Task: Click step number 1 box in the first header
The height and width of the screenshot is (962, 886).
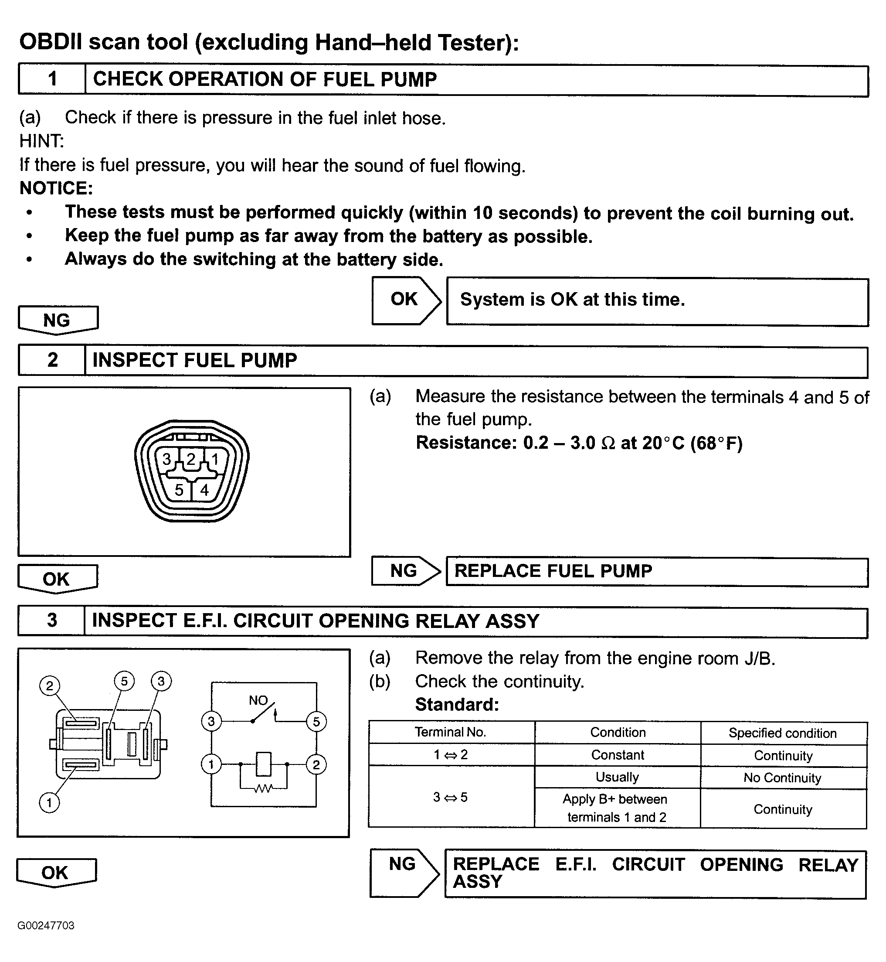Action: click(52, 79)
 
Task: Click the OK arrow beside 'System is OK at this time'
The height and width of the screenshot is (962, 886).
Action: click(405, 300)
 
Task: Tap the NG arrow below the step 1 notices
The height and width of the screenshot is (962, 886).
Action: click(58, 320)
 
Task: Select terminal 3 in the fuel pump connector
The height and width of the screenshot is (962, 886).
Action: click(166, 459)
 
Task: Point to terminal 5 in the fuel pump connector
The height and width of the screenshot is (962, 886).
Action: click(179, 490)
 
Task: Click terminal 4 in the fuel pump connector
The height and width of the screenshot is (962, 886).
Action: click(205, 490)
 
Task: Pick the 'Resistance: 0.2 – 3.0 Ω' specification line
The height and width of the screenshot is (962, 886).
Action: click(579, 442)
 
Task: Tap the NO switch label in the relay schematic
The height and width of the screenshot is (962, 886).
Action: click(258, 700)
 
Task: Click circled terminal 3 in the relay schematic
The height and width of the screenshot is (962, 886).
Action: click(211, 721)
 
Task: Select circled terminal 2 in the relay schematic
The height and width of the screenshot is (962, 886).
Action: click(316, 764)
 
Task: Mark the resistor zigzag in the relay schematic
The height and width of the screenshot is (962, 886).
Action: click(263, 788)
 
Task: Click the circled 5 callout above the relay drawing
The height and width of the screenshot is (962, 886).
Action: click(124, 681)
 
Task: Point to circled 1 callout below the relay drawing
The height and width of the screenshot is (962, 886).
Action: click(49, 802)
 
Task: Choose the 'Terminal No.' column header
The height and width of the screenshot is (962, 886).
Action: click(451, 732)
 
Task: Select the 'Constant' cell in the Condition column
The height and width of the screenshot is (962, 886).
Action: click(618, 755)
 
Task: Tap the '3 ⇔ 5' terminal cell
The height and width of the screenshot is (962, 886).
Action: click(450, 797)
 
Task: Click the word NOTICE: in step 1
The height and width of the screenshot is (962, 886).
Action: click(56, 188)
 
